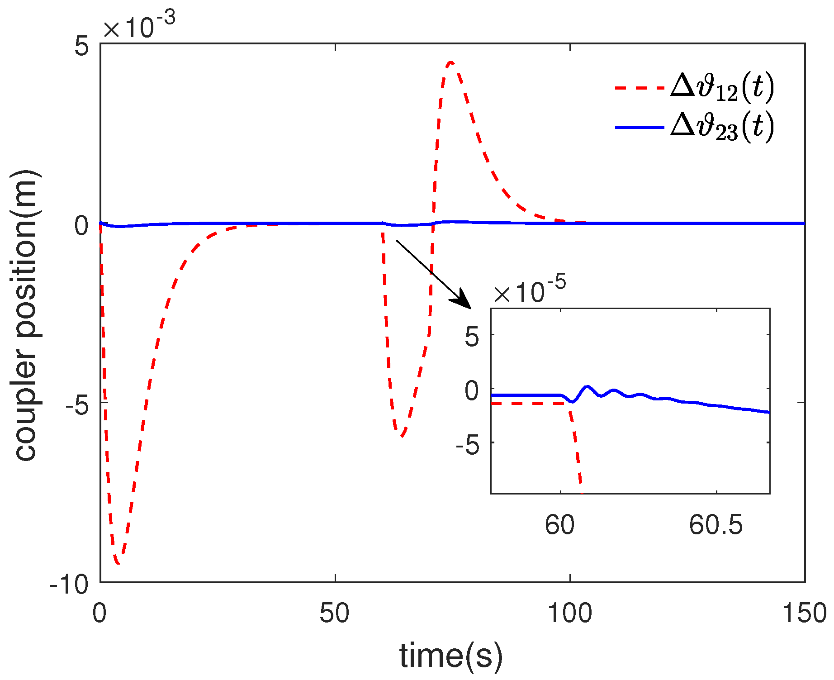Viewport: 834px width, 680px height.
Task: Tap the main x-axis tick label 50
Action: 335,613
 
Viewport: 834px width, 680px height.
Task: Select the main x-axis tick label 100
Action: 570,613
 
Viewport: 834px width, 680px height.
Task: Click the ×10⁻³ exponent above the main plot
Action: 138,26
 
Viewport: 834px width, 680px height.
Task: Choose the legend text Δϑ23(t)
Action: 722,127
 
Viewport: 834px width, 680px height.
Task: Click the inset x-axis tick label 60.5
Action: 716,525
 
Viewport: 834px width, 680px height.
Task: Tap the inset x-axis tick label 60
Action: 560,525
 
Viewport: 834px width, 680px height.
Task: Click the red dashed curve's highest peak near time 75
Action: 450,63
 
